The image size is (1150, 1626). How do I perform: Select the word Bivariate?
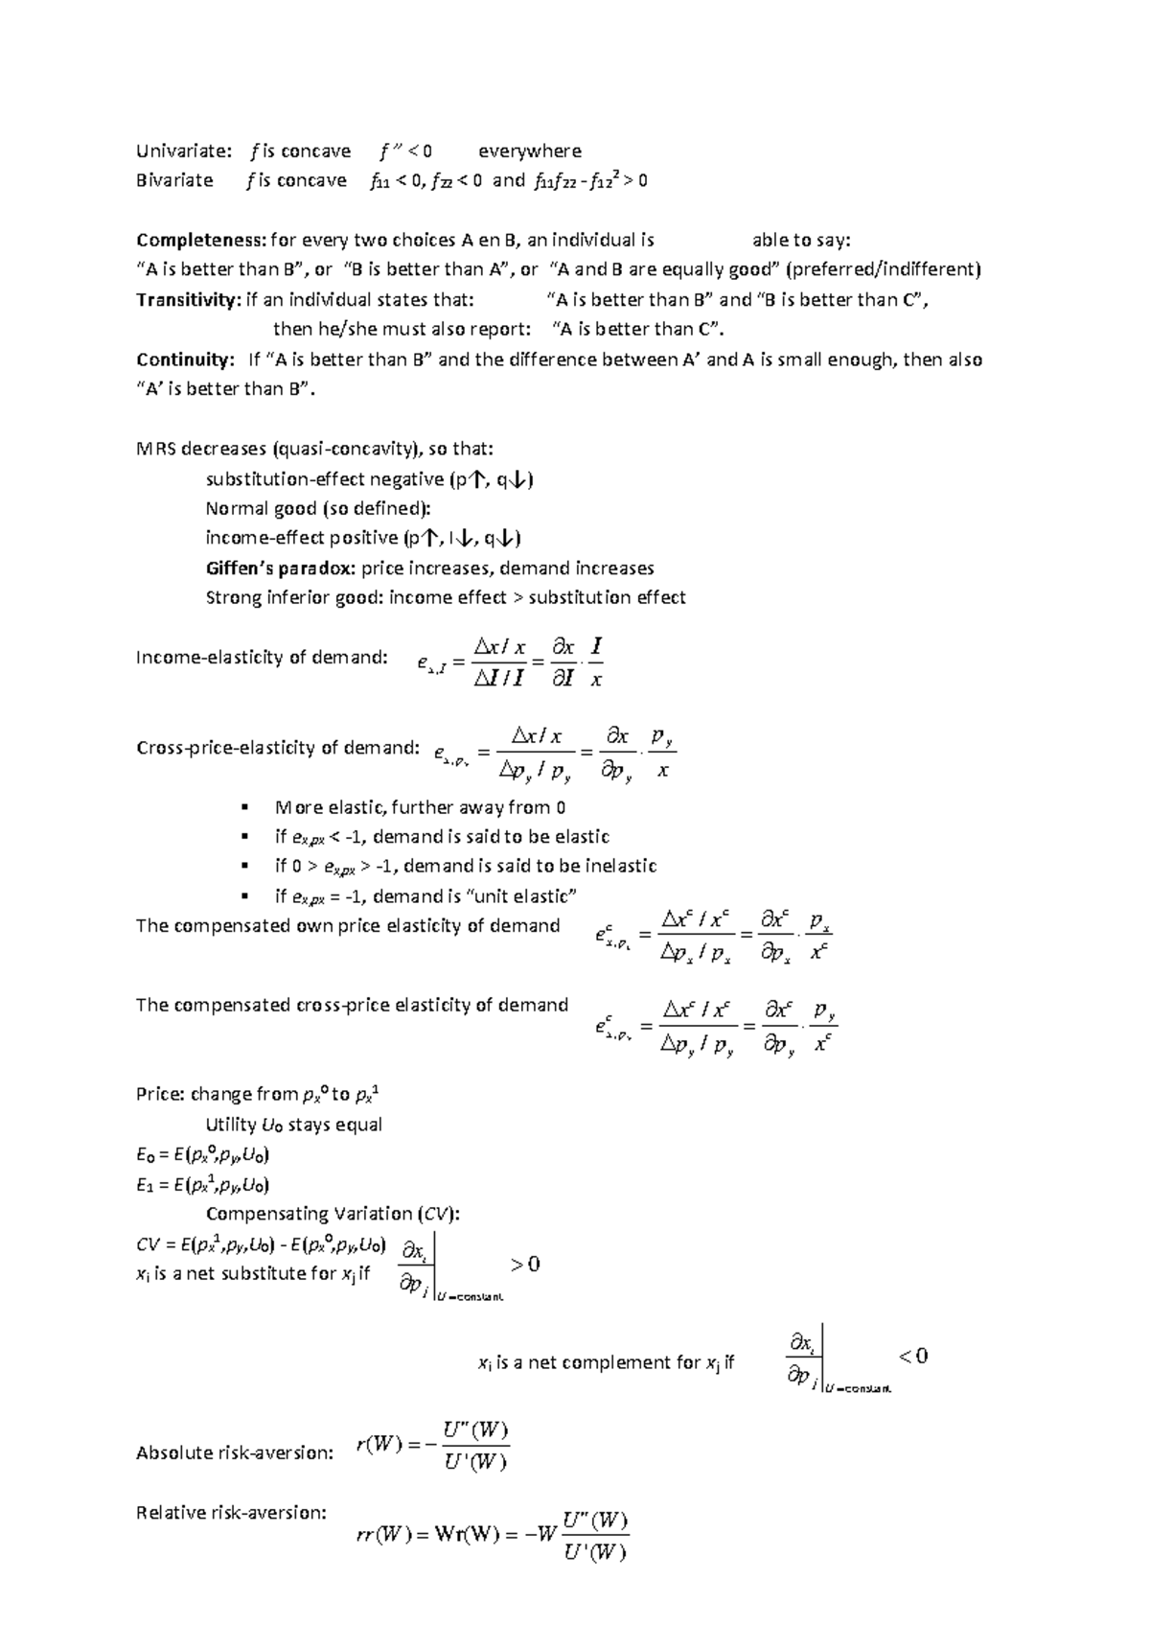174,180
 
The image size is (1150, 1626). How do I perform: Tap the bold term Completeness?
201,240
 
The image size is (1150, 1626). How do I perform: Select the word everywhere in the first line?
530,151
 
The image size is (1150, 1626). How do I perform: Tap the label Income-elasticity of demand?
262,657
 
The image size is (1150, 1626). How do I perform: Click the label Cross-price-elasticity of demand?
278,747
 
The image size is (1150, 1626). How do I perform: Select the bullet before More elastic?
246,807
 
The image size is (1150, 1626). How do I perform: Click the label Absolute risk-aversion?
235,1452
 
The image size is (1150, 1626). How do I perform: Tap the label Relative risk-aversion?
231,1512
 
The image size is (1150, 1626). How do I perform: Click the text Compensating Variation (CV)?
333,1214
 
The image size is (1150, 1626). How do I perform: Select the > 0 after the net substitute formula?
525,1264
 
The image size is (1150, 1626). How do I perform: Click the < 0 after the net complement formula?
913,1356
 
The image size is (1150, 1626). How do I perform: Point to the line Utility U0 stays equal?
293,1124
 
